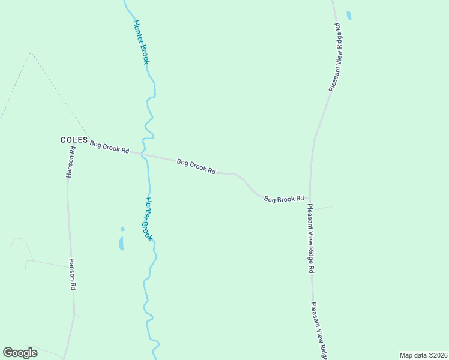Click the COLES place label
(x=74, y=140)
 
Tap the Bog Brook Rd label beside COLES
(x=110, y=147)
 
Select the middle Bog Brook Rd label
(x=196, y=166)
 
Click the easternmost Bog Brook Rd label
(x=284, y=198)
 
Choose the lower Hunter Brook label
(x=148, y=219)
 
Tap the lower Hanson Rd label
(x=72, y=274)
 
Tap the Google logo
(x=20, y=353)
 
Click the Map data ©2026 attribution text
(x=423, y=355)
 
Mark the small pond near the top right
(x=349, y=15)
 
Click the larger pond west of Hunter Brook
(x=121, y=243)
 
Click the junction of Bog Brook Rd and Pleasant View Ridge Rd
(x=310, y=197)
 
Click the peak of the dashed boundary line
(x=30, y=53)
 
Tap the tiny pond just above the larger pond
(x=123, y=229)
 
